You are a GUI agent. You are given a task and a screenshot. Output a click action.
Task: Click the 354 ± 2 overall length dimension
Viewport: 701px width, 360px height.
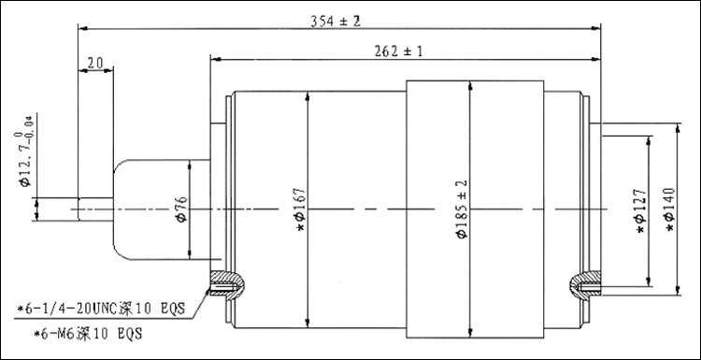pos(336,21)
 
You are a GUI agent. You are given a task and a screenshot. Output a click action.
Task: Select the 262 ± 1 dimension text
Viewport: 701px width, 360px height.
pos(398,51)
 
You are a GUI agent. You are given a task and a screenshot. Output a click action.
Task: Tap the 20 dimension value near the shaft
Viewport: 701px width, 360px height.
pos(94,64)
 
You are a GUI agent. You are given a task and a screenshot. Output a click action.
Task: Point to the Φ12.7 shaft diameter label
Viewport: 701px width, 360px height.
pos(26,151)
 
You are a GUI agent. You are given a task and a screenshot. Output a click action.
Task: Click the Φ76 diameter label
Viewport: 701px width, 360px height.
pos(182,209)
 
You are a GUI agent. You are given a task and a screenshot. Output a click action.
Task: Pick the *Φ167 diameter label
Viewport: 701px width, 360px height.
pos(300,209)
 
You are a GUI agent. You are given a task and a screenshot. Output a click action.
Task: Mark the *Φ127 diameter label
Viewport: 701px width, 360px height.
pos(640,210)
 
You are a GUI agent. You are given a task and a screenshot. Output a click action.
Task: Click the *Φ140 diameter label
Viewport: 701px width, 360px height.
pos(670,209)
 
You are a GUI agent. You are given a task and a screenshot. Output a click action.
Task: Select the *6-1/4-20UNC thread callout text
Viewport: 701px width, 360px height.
pos(101,309)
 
